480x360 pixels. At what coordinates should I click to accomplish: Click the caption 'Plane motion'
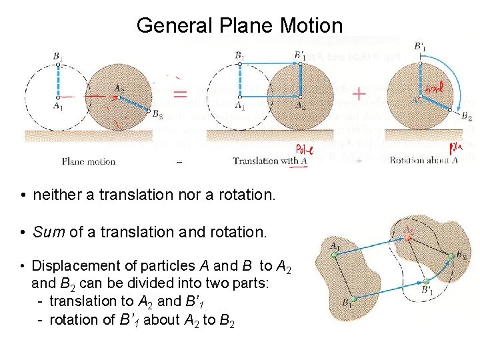click(89, 161)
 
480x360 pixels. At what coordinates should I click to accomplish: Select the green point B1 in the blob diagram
click(353, 299)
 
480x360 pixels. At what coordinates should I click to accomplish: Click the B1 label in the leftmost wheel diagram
click(58, 56)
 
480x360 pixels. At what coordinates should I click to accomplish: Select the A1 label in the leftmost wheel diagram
click(59, 105)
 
